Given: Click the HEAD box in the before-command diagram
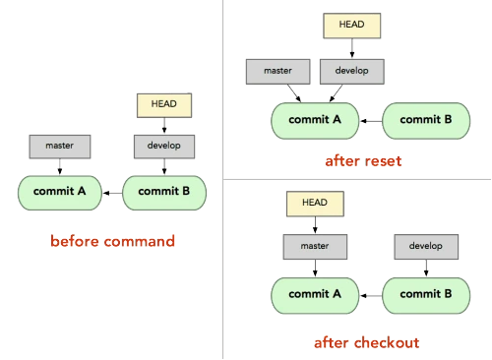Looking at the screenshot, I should pyautogui.click(x=164, y=101).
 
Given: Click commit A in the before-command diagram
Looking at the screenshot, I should pyautogui.click(x=58, y=191).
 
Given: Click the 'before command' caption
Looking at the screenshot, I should pyautogui.click(x=111, y=241).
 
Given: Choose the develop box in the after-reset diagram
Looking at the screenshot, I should pyautogui.click(x=352, y=72).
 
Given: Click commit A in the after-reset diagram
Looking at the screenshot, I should pyautogui.click(x=316, y=120).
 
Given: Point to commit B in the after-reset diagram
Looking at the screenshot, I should pyautogui.click(x=428, y=120).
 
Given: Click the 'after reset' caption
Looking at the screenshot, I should pyautogui.click(x=363, y=160).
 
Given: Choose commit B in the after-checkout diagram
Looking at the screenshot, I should pyautogui.click(x=428, y=293).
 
